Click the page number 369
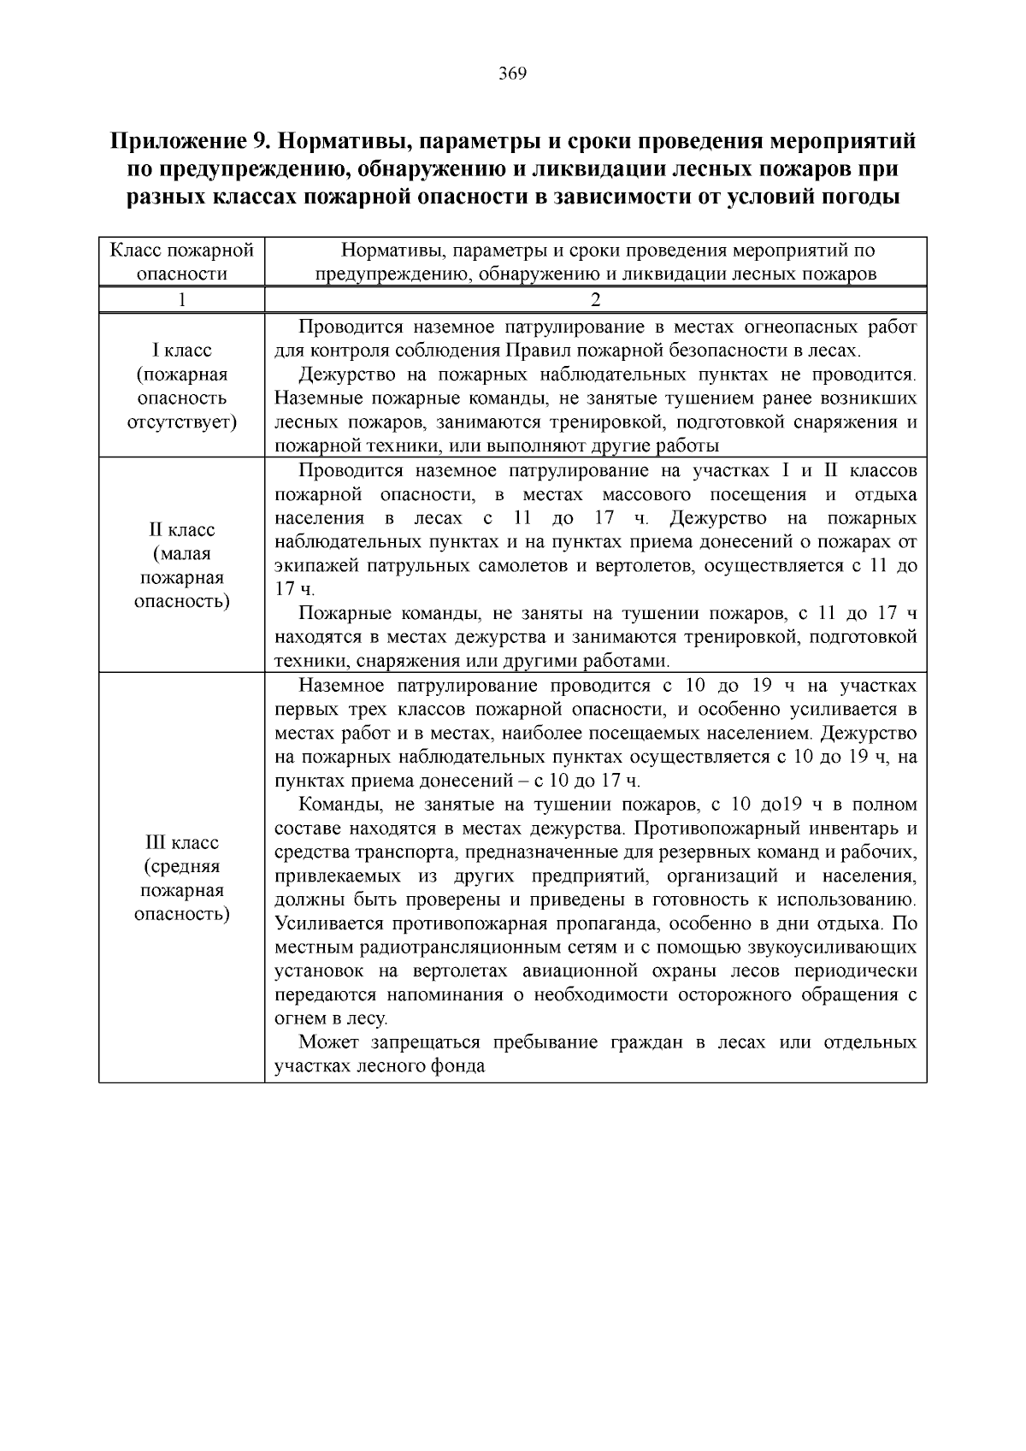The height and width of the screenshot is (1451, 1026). [x=512, y=74]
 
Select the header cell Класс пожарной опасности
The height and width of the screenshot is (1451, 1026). [x=181, y=262]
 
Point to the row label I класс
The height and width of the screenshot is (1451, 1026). [x=181, y=351]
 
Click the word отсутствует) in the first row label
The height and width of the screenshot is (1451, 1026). [x=181, y=422]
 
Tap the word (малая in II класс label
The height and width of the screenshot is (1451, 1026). [x=181, y=553]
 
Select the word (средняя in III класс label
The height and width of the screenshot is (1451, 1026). [x=181, y=867]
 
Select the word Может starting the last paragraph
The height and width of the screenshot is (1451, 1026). [x=330, y=1043]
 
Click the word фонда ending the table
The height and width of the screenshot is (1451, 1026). [x=462, y=1067]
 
